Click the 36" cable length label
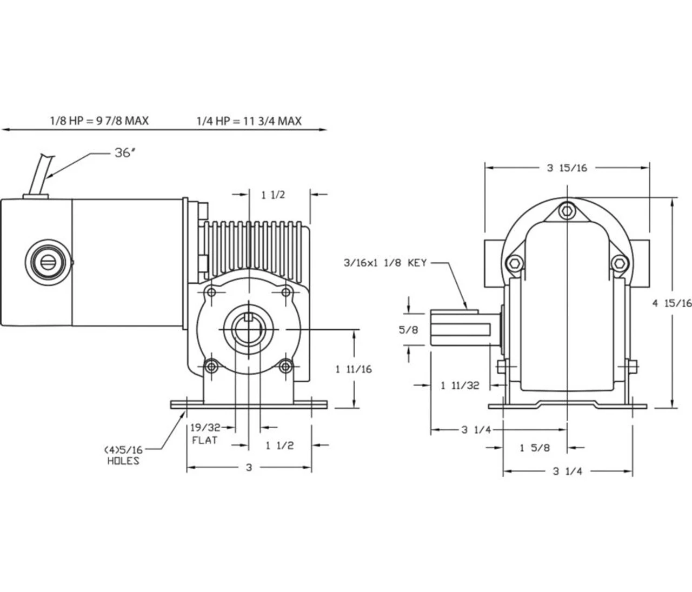point(123,153)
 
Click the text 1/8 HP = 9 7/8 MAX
point(99,120)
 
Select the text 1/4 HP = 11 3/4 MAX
point(249,120)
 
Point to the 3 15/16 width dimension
point(567,168)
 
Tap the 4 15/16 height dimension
point(671,303)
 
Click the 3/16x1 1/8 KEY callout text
point(385,263)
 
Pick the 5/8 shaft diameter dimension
point(408,329)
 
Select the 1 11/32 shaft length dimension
point(460,385)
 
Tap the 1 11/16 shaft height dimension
point(354,369)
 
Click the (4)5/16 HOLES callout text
point(123,455)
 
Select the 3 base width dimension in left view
point(249,467)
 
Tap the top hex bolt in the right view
point(567,210)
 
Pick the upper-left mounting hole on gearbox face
point(211,292)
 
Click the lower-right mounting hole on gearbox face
point(286,367)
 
